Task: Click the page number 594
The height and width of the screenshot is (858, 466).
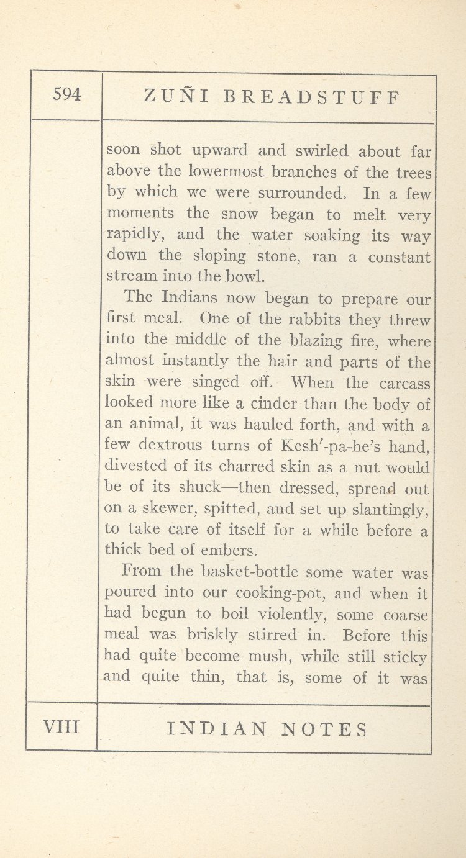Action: pyautogui.click(x=67, y=94)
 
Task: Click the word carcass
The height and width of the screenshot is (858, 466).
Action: pyautogui.click(x=404, y=382)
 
